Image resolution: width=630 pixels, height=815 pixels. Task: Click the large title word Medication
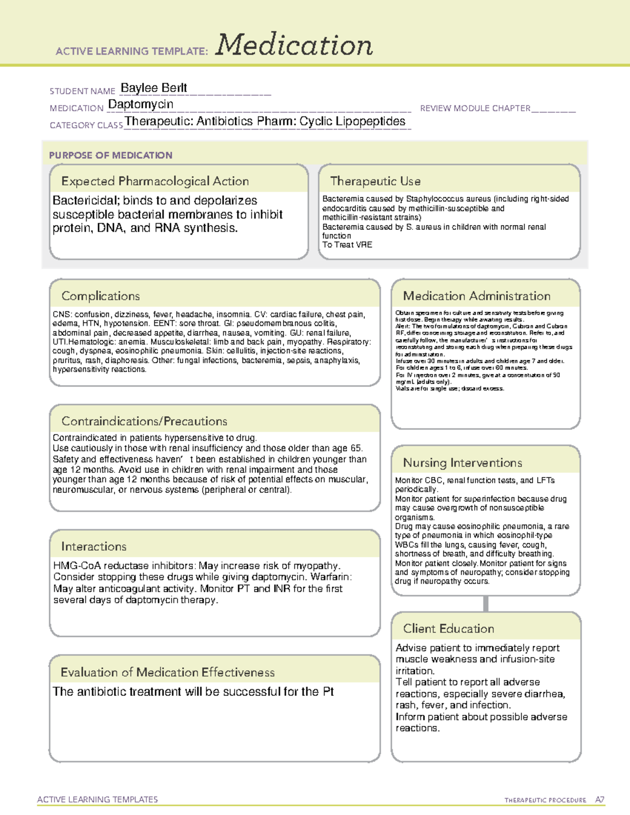294,45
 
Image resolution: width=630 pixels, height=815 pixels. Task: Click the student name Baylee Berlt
154,88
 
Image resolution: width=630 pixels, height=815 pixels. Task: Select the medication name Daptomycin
141,104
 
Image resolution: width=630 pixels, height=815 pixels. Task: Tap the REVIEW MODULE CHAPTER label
475,108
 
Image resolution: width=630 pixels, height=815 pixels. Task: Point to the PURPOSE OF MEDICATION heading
111,155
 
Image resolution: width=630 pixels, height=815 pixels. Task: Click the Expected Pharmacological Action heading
155,181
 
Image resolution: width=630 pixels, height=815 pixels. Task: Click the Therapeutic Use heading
375,181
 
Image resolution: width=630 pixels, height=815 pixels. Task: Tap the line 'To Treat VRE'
347,245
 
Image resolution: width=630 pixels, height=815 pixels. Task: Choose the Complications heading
101,296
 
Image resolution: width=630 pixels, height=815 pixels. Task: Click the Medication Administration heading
477,296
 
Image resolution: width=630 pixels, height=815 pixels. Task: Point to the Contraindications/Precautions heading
144,421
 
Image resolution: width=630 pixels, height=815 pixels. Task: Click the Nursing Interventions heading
463,463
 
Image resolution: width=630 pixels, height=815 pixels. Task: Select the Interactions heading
94,547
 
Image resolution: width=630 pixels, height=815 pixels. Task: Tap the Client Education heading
449,629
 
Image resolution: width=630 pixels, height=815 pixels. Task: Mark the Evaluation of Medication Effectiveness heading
167,673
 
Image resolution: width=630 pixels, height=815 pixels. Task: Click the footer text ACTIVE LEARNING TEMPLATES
98,799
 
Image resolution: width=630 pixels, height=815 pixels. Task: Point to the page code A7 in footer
600,800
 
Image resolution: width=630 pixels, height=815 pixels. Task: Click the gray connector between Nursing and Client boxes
486,604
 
